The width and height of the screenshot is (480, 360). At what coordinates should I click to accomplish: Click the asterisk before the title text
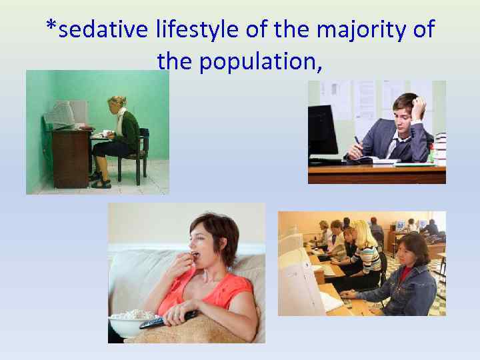point(51,29)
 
